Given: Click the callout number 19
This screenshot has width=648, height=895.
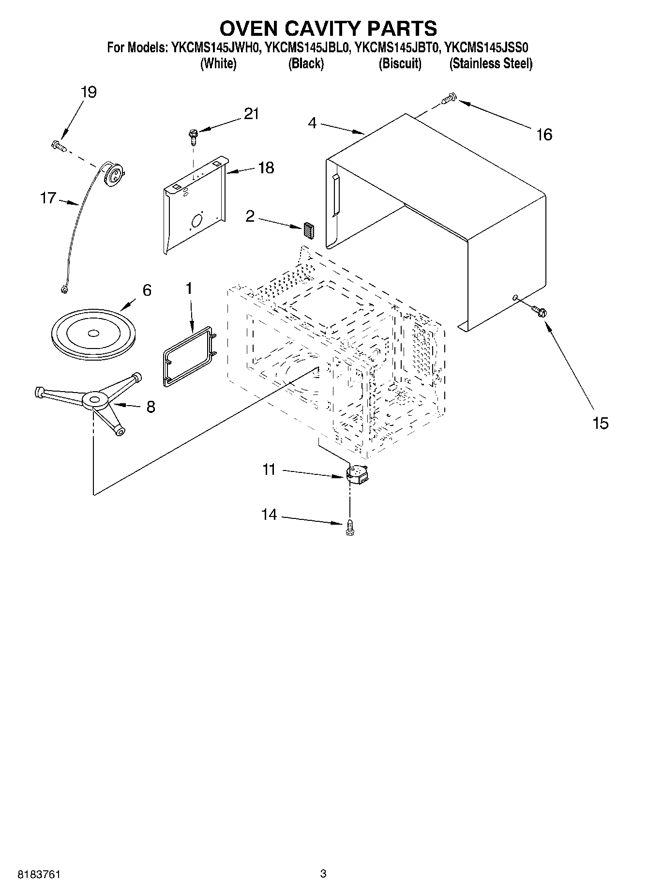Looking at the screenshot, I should pos(89,92).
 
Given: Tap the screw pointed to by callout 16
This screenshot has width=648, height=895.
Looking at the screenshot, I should pos(448,98).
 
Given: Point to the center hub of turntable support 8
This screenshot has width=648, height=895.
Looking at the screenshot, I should pos(95,400).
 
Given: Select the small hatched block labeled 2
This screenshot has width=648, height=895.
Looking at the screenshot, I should pos(309,230).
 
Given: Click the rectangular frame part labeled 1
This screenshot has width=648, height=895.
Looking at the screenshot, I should pos(188,356).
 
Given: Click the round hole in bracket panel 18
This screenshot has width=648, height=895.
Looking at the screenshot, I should pos(197,222).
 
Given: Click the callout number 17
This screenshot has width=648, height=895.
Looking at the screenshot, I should pos(48,198).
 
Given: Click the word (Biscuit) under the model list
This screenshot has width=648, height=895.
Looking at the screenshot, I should pos(400,64).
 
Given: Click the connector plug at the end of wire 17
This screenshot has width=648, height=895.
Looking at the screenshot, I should pos(63,289).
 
